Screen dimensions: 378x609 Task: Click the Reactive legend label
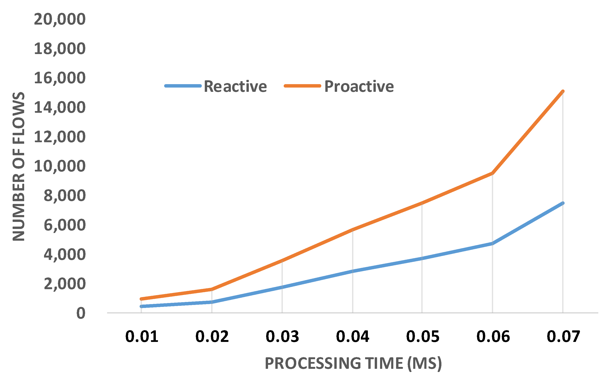coord(235,87)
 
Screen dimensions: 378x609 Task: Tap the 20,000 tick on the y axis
coord(60,19)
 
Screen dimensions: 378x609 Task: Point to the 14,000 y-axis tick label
coord(60,107)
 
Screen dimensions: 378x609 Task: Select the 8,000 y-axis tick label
coord(65,196)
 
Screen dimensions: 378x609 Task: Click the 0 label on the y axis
coord(81,314)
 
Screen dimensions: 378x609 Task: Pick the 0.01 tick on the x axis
coord(142,337)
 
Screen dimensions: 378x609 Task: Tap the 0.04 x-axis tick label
coord(352,337)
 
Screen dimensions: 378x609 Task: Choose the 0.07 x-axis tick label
coord(563,337)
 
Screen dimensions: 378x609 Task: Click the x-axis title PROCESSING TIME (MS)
coord(353,363)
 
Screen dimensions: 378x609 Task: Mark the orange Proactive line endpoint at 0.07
coord(563,91)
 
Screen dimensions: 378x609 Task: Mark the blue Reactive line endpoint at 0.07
coord(563,203)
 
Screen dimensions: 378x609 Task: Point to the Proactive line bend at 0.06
coord(493,173)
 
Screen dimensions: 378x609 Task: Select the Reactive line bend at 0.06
coord(493,243)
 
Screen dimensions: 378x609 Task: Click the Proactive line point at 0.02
coord(212,289)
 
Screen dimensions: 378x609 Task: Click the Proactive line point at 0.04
coord(352,229)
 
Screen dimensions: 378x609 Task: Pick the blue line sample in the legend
coord(183,86)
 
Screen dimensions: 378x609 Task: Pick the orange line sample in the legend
coord(302,86)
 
